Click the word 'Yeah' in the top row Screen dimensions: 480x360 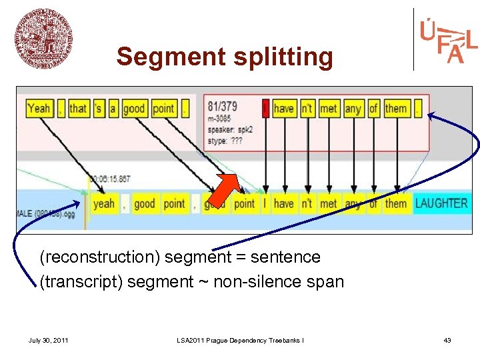point(39,108)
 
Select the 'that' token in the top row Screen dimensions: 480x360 point(78,108)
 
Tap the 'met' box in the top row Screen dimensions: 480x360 point(328,108)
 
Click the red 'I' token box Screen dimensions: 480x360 point(265,108)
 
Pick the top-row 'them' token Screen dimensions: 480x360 point(396,108)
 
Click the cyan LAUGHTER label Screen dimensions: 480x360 point(441,203)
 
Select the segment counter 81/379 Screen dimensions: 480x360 point(223,107)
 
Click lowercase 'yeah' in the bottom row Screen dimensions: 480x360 point(104,203)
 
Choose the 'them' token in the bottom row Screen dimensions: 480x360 point(396,203)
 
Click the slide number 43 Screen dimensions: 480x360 point(447,341)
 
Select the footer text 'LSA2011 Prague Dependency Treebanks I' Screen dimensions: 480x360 point(240,341)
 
